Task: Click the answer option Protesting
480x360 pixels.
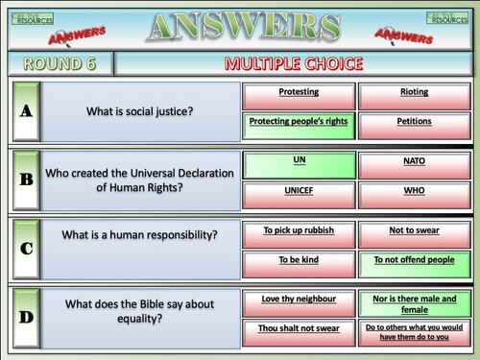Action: coord(299,94)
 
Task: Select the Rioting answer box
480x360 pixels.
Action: coord(414,94)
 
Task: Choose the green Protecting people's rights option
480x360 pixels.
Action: coord(299,123)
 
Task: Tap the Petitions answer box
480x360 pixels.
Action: coord(414,123)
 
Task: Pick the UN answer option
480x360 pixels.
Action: coord(299,163)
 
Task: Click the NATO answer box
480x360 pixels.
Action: coord(414,163)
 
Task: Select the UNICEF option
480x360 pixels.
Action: coord(299,192)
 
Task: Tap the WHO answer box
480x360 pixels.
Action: coord(414,192)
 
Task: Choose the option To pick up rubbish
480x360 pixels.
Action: coord(299,232)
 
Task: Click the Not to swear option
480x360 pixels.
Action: coord(414,232)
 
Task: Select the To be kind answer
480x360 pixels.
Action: coord(299,261)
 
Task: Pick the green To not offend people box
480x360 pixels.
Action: coord(414,261)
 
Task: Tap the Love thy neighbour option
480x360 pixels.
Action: coord(299,301)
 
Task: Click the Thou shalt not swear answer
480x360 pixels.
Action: coord(299,330)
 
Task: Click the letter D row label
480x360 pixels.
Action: coord(26,317)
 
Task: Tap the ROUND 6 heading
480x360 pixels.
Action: coord(60,64)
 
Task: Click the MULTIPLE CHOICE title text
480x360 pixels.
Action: coord(294,64)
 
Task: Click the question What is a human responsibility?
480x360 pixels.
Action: coord(140,235)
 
